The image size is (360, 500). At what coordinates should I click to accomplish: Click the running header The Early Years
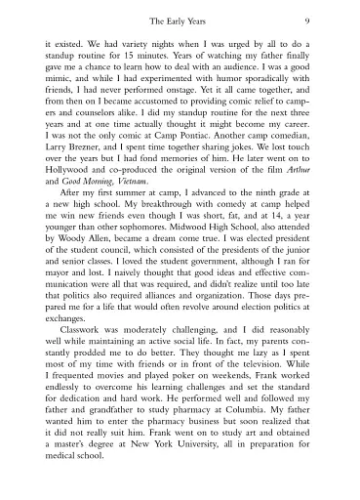coord(180,21)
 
